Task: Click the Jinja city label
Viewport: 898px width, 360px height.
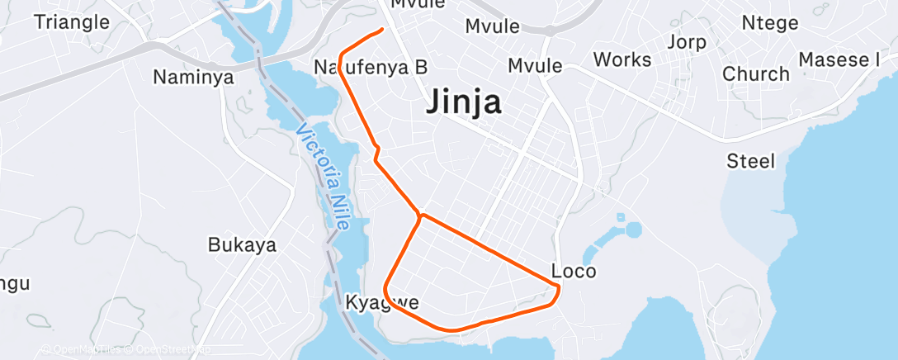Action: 465,102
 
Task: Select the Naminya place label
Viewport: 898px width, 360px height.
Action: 194,78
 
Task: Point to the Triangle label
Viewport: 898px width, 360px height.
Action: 72,21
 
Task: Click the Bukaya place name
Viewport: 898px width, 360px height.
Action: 242,245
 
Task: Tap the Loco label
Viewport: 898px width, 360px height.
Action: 573,271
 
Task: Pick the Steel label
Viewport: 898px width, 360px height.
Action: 750,161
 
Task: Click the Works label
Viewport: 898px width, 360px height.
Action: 622,59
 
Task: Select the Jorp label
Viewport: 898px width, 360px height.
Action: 686,42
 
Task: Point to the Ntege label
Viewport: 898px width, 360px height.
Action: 771,22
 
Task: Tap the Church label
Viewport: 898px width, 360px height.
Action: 756,73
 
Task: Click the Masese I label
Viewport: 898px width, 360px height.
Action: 839,59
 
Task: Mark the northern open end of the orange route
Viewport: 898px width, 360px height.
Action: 382,30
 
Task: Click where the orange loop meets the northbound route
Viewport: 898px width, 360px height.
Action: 422,216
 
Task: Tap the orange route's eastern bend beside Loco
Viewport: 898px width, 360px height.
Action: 559,288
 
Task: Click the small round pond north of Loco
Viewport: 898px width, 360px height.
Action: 633,229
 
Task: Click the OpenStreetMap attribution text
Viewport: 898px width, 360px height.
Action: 169,350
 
